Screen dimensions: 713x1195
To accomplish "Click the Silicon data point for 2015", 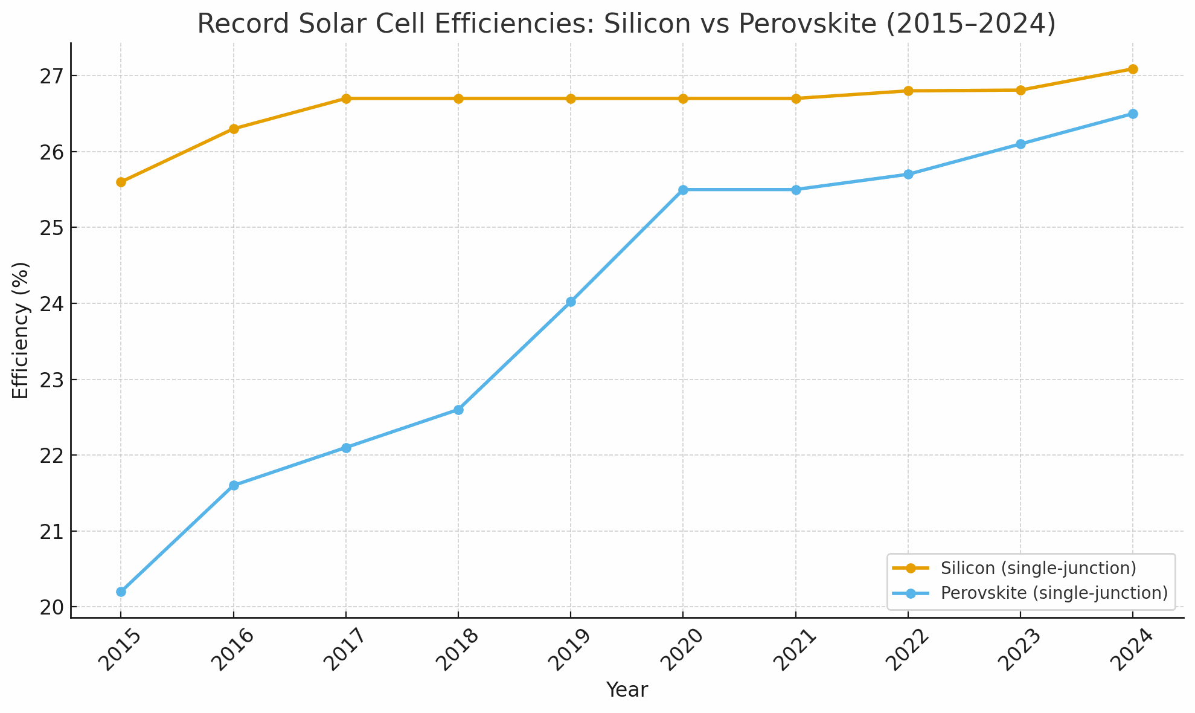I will tap(121, 182).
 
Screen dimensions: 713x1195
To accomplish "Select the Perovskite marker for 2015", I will tap(121, 592).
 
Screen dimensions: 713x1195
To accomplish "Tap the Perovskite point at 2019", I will tap(571, 302).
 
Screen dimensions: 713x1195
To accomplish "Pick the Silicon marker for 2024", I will tap(1133, 69).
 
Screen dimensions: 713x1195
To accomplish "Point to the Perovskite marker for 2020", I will tap(683, 190).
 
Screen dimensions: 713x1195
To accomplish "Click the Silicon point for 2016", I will tap(234, 129).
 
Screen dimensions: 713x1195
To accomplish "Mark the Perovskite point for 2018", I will tap(458, 410).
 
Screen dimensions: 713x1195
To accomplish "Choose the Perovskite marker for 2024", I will tap(1133, 114).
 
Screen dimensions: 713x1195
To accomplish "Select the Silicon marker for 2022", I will tap(908, 91).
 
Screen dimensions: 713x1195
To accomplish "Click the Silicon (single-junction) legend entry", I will tap(1038, 568).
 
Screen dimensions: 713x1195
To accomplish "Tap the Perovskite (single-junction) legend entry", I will tap(1054, 593).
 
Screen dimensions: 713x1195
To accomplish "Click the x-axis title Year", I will tap(627, 690).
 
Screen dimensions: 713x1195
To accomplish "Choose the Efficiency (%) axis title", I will tap(21, 331).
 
